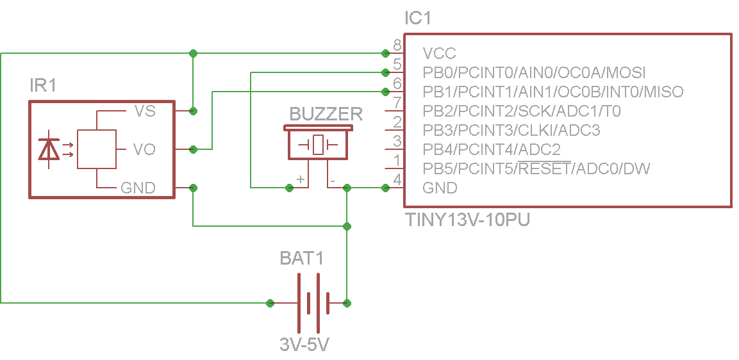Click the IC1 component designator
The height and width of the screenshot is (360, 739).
(x=417, y=19)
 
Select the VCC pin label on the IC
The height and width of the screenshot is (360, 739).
(x=439, y=53)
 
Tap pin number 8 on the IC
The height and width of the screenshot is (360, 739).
(x=397, y=45)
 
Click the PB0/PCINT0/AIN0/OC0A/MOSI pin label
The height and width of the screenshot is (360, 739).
(x=534, y=72)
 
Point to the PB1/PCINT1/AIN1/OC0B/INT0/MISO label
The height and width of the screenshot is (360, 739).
(x=552, y=92)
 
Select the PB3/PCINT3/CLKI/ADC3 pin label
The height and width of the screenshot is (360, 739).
(x=511, y=130)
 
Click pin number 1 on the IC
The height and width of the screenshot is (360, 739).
(x=397, y=160)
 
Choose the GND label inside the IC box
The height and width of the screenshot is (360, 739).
(x=440, y=188)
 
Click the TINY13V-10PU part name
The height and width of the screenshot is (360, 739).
(x=468, y=220)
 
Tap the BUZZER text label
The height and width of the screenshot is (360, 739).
(x=326, y=114)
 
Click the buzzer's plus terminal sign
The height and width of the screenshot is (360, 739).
(x=300, y=180)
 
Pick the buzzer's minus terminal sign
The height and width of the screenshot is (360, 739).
(x=332, y=181)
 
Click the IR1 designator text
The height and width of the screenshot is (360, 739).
(x=43, y=85)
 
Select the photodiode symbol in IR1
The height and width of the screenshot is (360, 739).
(x=49, y=149)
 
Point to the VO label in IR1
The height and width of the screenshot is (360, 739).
(x=144, y=149)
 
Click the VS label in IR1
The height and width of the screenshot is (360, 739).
(x=144, y=111)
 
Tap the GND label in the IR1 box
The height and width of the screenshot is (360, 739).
(x=138, y=188)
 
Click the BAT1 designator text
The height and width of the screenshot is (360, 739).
(x=302, y=258)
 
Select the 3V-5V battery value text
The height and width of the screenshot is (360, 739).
(x=304, y=344)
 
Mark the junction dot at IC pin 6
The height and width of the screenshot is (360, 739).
(x=385, y=91)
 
